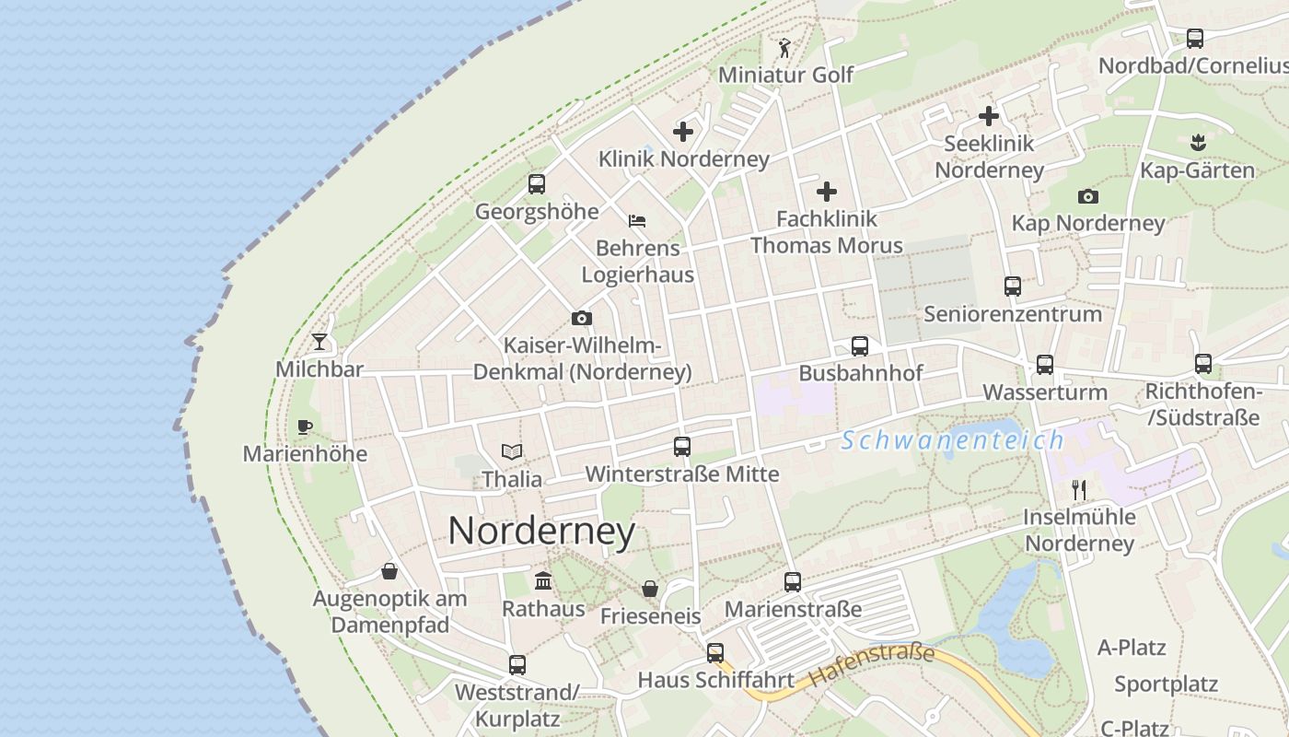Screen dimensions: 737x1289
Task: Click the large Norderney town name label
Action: click(x=541, y=532)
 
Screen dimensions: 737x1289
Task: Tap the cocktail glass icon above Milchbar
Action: click(x=319, y=342)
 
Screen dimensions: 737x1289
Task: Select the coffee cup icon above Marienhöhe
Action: click(x=305, y=427)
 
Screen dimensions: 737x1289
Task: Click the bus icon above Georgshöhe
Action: click(x=537, y=184)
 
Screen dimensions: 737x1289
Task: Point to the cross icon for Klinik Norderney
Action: click(x=683, y=132)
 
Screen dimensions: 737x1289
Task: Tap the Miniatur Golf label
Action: click(x=786, y=75)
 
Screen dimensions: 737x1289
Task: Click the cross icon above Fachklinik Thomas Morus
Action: click(x=827, y=192)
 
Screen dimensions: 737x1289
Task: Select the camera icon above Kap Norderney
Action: click(x=1088, y=196)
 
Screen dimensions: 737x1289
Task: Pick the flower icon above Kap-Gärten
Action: click(x=1197, y=143)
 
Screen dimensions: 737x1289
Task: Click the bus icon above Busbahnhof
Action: click(x=860, y=346)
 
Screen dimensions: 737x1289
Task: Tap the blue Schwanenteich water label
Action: click(x=952, y=440)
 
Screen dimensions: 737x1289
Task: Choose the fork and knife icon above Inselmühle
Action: click(x=1079, y=489)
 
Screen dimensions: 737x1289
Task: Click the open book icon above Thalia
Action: click(x=512, y=451)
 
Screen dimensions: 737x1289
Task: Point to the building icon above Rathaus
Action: click(x=543, y=581)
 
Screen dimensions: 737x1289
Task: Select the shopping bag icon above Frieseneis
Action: click(x=650, y=589)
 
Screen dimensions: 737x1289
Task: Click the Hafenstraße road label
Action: click(x=871, y=666)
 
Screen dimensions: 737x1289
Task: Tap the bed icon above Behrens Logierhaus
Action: click(x=637, y=221)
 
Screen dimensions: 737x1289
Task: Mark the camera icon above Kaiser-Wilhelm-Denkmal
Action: click(x=582, y=319)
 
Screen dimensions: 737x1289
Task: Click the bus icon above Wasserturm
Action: click(x=1045, y=365)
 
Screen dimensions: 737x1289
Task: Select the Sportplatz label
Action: click(x=1166, y=684)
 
